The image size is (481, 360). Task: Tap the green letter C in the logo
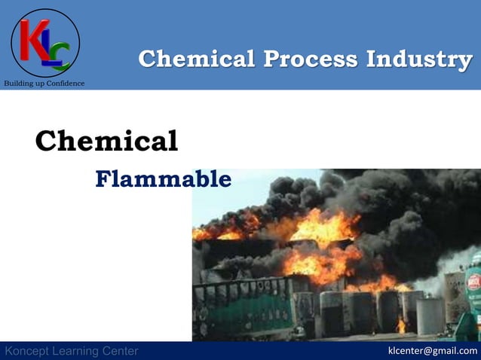pyautogui.click(x=60, y=55)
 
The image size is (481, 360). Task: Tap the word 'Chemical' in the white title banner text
pyautogui.click(x=196, y=59)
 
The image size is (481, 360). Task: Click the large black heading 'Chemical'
pyautogui.click(x=106, y=141)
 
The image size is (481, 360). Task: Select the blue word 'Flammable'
pyautogui.click(x=163, y=179)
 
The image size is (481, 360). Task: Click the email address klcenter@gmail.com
pyautogui.click(x=432, y=351)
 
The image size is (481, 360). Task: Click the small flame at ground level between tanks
pyautogui.click(x=400, y=326)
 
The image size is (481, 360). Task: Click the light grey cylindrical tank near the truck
pyautogui.click(x=430, y=316)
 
